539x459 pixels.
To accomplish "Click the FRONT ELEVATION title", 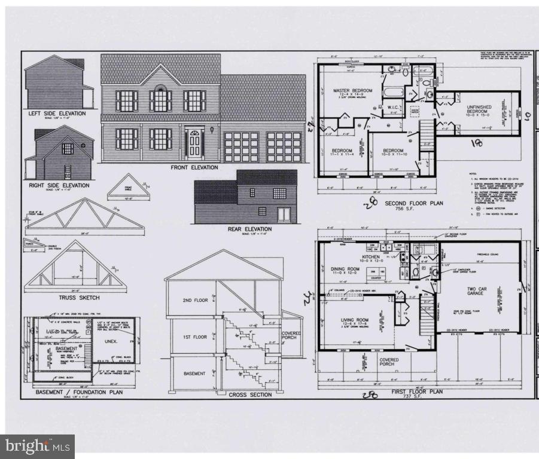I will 194,167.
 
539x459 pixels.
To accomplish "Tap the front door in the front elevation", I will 194,143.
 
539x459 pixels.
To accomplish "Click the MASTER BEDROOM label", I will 352,91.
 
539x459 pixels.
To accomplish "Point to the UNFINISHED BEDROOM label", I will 483,111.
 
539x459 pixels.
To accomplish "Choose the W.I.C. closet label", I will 393,108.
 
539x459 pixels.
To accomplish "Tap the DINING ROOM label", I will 345,270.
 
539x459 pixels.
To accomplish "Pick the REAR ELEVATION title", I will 249,229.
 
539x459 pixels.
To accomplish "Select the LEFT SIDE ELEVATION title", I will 57,114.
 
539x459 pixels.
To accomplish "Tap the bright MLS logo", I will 37,446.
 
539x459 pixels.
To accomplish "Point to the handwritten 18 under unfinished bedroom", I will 477,143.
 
